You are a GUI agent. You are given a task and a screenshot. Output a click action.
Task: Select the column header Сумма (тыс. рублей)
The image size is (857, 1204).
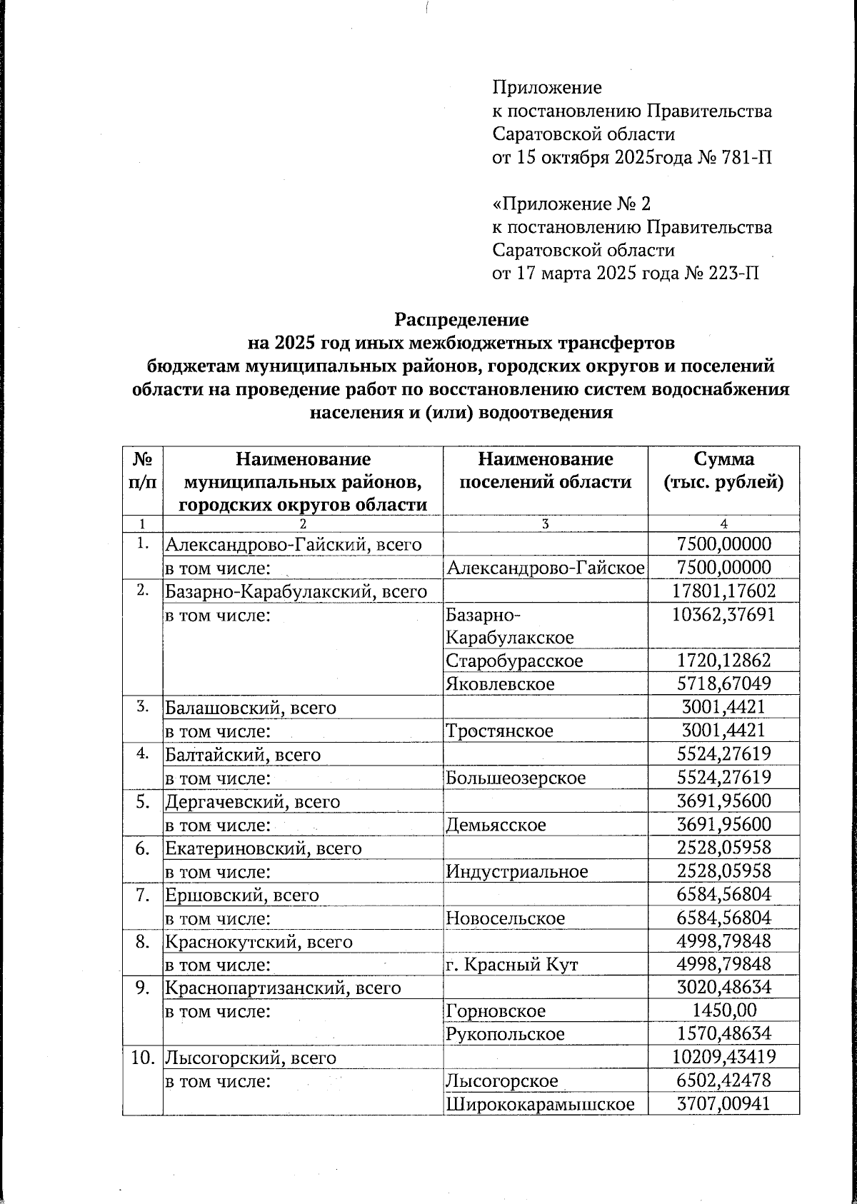click(723, 470)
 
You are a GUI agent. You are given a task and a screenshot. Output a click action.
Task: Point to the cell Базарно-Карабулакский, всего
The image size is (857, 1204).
click(296, 591)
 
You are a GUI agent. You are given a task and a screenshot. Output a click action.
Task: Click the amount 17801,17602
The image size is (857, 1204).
click(723, 591)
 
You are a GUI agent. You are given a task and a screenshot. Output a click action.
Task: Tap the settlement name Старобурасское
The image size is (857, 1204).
click(513, 661)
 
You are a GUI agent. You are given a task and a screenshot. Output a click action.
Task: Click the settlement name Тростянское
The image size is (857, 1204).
click(499, 731)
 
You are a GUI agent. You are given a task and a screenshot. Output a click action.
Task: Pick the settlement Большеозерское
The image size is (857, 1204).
click(516, 778)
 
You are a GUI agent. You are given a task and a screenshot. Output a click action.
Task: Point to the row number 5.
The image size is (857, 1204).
click(142, 801)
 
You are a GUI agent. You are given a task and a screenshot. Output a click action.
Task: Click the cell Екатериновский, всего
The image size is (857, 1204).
click(264, 848)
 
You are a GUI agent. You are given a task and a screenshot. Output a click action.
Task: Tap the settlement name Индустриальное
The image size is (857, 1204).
click(517, 871)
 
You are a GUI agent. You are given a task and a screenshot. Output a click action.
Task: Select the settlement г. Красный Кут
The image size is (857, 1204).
click(511, 965)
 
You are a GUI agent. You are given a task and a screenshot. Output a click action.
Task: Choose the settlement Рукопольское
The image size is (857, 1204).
click(505, 1034)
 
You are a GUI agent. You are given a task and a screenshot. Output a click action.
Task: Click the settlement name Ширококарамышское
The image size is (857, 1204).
click(541, 1104)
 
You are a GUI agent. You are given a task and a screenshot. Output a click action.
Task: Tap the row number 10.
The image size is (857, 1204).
click(142, 1058)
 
